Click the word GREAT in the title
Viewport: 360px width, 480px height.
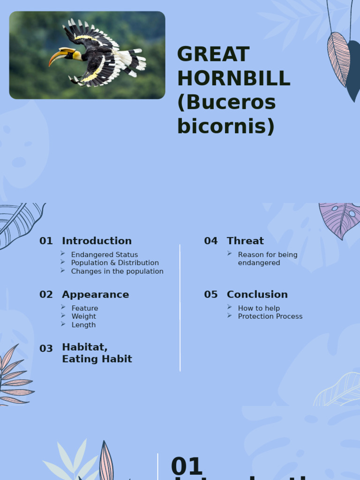213,55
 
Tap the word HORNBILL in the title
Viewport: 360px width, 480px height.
234,79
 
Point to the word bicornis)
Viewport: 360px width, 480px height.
225,127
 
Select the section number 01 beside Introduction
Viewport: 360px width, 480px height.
46,241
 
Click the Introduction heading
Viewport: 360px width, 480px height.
97,241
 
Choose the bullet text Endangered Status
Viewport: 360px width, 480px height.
105,255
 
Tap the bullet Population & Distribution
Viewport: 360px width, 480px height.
115,263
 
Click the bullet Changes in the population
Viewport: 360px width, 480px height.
117,271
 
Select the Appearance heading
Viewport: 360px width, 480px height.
95,294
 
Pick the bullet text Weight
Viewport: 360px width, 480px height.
84,316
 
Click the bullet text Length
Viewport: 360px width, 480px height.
83,325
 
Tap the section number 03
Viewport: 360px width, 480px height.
46,349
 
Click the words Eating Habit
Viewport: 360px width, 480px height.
97,359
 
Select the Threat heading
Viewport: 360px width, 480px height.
245,241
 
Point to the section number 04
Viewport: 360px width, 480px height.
211,241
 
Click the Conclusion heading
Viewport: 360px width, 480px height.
257,294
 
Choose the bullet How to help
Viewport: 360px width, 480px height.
259,308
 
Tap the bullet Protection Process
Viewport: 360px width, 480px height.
270,316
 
